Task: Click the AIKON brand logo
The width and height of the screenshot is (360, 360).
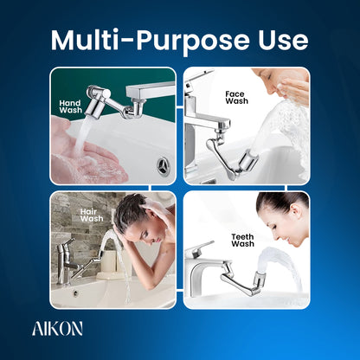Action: click(57, 329)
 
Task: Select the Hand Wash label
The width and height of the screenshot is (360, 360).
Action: click(71, 106)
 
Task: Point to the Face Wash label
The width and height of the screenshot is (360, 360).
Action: click(236, 98)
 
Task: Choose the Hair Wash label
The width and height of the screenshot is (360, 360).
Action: click(92, 215)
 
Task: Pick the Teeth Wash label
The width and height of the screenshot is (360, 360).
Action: click(243, 241)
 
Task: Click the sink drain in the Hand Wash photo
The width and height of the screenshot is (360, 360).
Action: click(164, 165)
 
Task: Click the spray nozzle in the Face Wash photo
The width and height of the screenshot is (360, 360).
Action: click(248, 161)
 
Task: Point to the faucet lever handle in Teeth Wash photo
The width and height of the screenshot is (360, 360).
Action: click(200, 247)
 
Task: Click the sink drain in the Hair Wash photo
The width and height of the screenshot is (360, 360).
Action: click(75, 292)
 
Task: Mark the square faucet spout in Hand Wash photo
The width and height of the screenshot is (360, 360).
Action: click(151, 91)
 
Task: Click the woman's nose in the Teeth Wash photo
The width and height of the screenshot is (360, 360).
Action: click(276, 235)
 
